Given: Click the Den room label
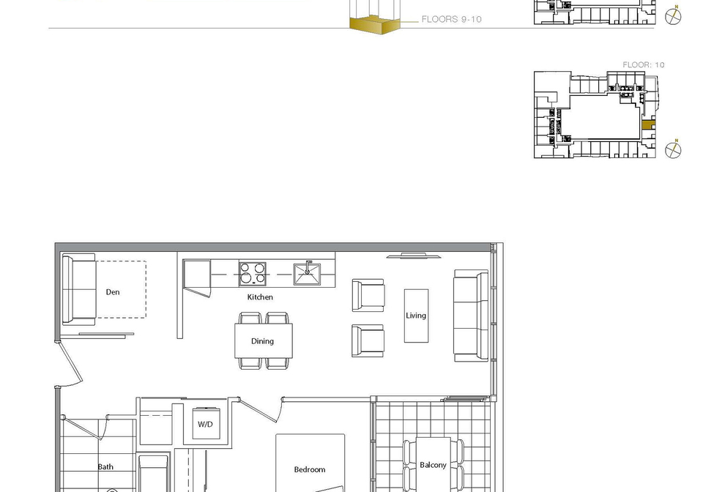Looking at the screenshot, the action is pyautogui.click(x=113, y=292).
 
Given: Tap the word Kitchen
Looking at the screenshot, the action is pyautogui.click(x=260, y=297).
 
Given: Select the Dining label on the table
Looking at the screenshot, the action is pyautogui.click(x=262, y=341).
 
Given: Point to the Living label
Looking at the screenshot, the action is pyautogui.click(x=416, y=316).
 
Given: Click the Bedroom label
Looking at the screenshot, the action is pyautogui.click(x=310, y=469).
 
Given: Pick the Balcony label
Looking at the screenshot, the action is pyautogui.click(x=433, y=465).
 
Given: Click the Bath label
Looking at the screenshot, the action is pyautogui.click(x=105, y=467).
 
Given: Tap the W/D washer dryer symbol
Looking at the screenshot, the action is pyautogui.click(x=205, y=423).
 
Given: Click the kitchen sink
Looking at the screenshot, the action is pyautogui.click(x=307, y=274).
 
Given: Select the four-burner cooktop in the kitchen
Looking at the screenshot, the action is pyautogui.click(x=253, y=274).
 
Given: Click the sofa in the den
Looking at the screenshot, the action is pyautogui.click(x=79, y=289).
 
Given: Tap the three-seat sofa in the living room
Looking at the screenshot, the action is pyautogui.click(x=471, y=316).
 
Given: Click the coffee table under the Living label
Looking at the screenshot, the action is pyautogui.click(x=416, y=316).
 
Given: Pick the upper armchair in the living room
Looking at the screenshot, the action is pyautogui.click(x=368, y=295).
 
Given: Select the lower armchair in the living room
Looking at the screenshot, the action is pyautogui.click(x=368, y=341).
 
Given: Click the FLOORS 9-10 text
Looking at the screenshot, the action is pyautogui.click(x=452, y=19).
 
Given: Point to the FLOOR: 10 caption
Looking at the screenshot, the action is pyautogui.click(x=644, y=65).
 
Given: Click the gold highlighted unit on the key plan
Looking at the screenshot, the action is pyautogui.click(x=648, y=125).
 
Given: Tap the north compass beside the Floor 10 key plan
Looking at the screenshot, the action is pyautogui.click(x=672, y=149).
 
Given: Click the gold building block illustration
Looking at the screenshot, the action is pyautogui.click(x=374, y=24).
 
